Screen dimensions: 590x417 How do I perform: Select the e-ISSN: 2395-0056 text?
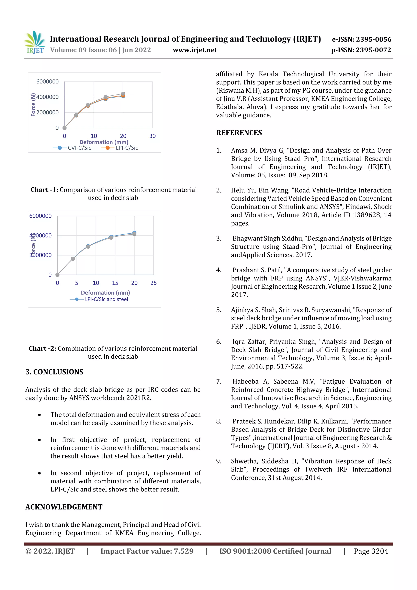pyautogui.click(x=361, y=39)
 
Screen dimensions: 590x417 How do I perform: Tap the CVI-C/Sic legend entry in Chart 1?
pyautogui.click(x=72, y=148)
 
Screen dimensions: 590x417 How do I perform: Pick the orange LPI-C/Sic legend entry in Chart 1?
pyautogui.click(x=120, y=148)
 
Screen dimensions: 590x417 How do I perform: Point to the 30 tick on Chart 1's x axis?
pyautogui.click(x=152, y=136)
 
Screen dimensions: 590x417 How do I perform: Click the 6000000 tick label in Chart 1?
pyautogui.click(x=47, y=81)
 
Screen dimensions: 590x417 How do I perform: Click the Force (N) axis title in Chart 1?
pyautogui.click(x=33, y=105)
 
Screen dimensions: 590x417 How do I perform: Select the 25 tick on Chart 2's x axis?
pyautogui.click(x=153, y=283)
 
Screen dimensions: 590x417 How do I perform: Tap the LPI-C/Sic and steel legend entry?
pyautogui.click(x=99, y=299)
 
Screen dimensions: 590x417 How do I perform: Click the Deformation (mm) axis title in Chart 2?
pyautogui.click(x=105, y=292)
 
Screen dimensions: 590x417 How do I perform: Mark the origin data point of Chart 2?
pyautogui.click(x=58, y=275)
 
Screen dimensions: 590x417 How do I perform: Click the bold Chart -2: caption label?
pyautogui.click(x=42, y=348)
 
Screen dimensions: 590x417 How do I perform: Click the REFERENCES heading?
pyautogui.click(x=239, y=133)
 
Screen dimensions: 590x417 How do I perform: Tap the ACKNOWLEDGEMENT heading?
pyautogui.click(x=64, y=507)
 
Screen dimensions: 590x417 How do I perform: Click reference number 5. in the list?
pyautogui.click(x=219, y=310)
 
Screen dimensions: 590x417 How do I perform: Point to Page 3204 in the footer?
pyautogui.click(x=371, y=551)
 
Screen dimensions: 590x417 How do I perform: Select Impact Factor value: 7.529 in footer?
pyautogui.click(x=147, y=551)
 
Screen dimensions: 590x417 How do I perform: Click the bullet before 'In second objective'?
pyautogui.click(x=39, y=473)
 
